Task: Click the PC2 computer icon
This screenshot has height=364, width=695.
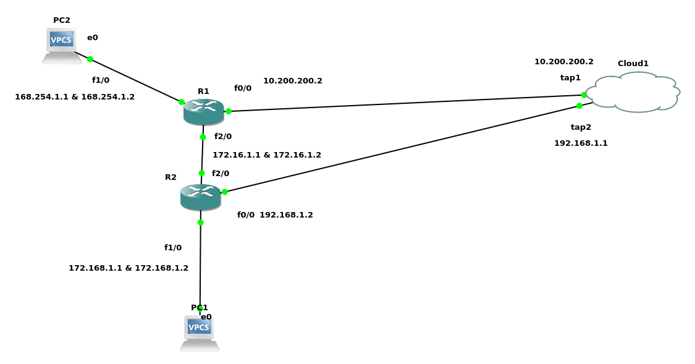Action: coord(62,45)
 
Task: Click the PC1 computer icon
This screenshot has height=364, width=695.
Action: coord(200,332)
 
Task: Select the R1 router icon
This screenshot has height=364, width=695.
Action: coord(203,111)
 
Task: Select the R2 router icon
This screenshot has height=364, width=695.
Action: coord(200,197)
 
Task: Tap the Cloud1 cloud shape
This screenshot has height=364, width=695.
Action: coord(634,93)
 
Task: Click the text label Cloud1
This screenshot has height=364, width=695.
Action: coord(633,63)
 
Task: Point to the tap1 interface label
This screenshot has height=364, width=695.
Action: coord(570,78)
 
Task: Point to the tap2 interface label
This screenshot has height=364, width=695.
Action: coord(581,127)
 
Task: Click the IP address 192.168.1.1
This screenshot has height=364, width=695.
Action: coord(581,143)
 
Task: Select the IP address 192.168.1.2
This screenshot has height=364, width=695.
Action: coord(286,215)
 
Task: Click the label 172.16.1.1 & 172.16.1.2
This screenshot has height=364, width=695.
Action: coord(267,155)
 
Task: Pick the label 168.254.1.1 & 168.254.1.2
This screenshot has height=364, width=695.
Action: coord(75,97)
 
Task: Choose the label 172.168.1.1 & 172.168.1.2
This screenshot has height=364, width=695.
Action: coord(128,268)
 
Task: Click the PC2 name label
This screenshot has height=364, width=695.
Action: coord(62,20)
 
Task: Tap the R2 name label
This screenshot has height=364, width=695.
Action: coord(171,177)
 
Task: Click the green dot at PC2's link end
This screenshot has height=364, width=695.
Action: coord(90,59)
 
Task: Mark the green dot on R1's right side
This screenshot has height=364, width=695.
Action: coord(229,111)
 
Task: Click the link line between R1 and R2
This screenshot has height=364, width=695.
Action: coord(202,155)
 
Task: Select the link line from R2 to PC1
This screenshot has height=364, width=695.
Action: coord(200,266)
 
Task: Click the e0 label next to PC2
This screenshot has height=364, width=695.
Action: coord(93,38)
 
